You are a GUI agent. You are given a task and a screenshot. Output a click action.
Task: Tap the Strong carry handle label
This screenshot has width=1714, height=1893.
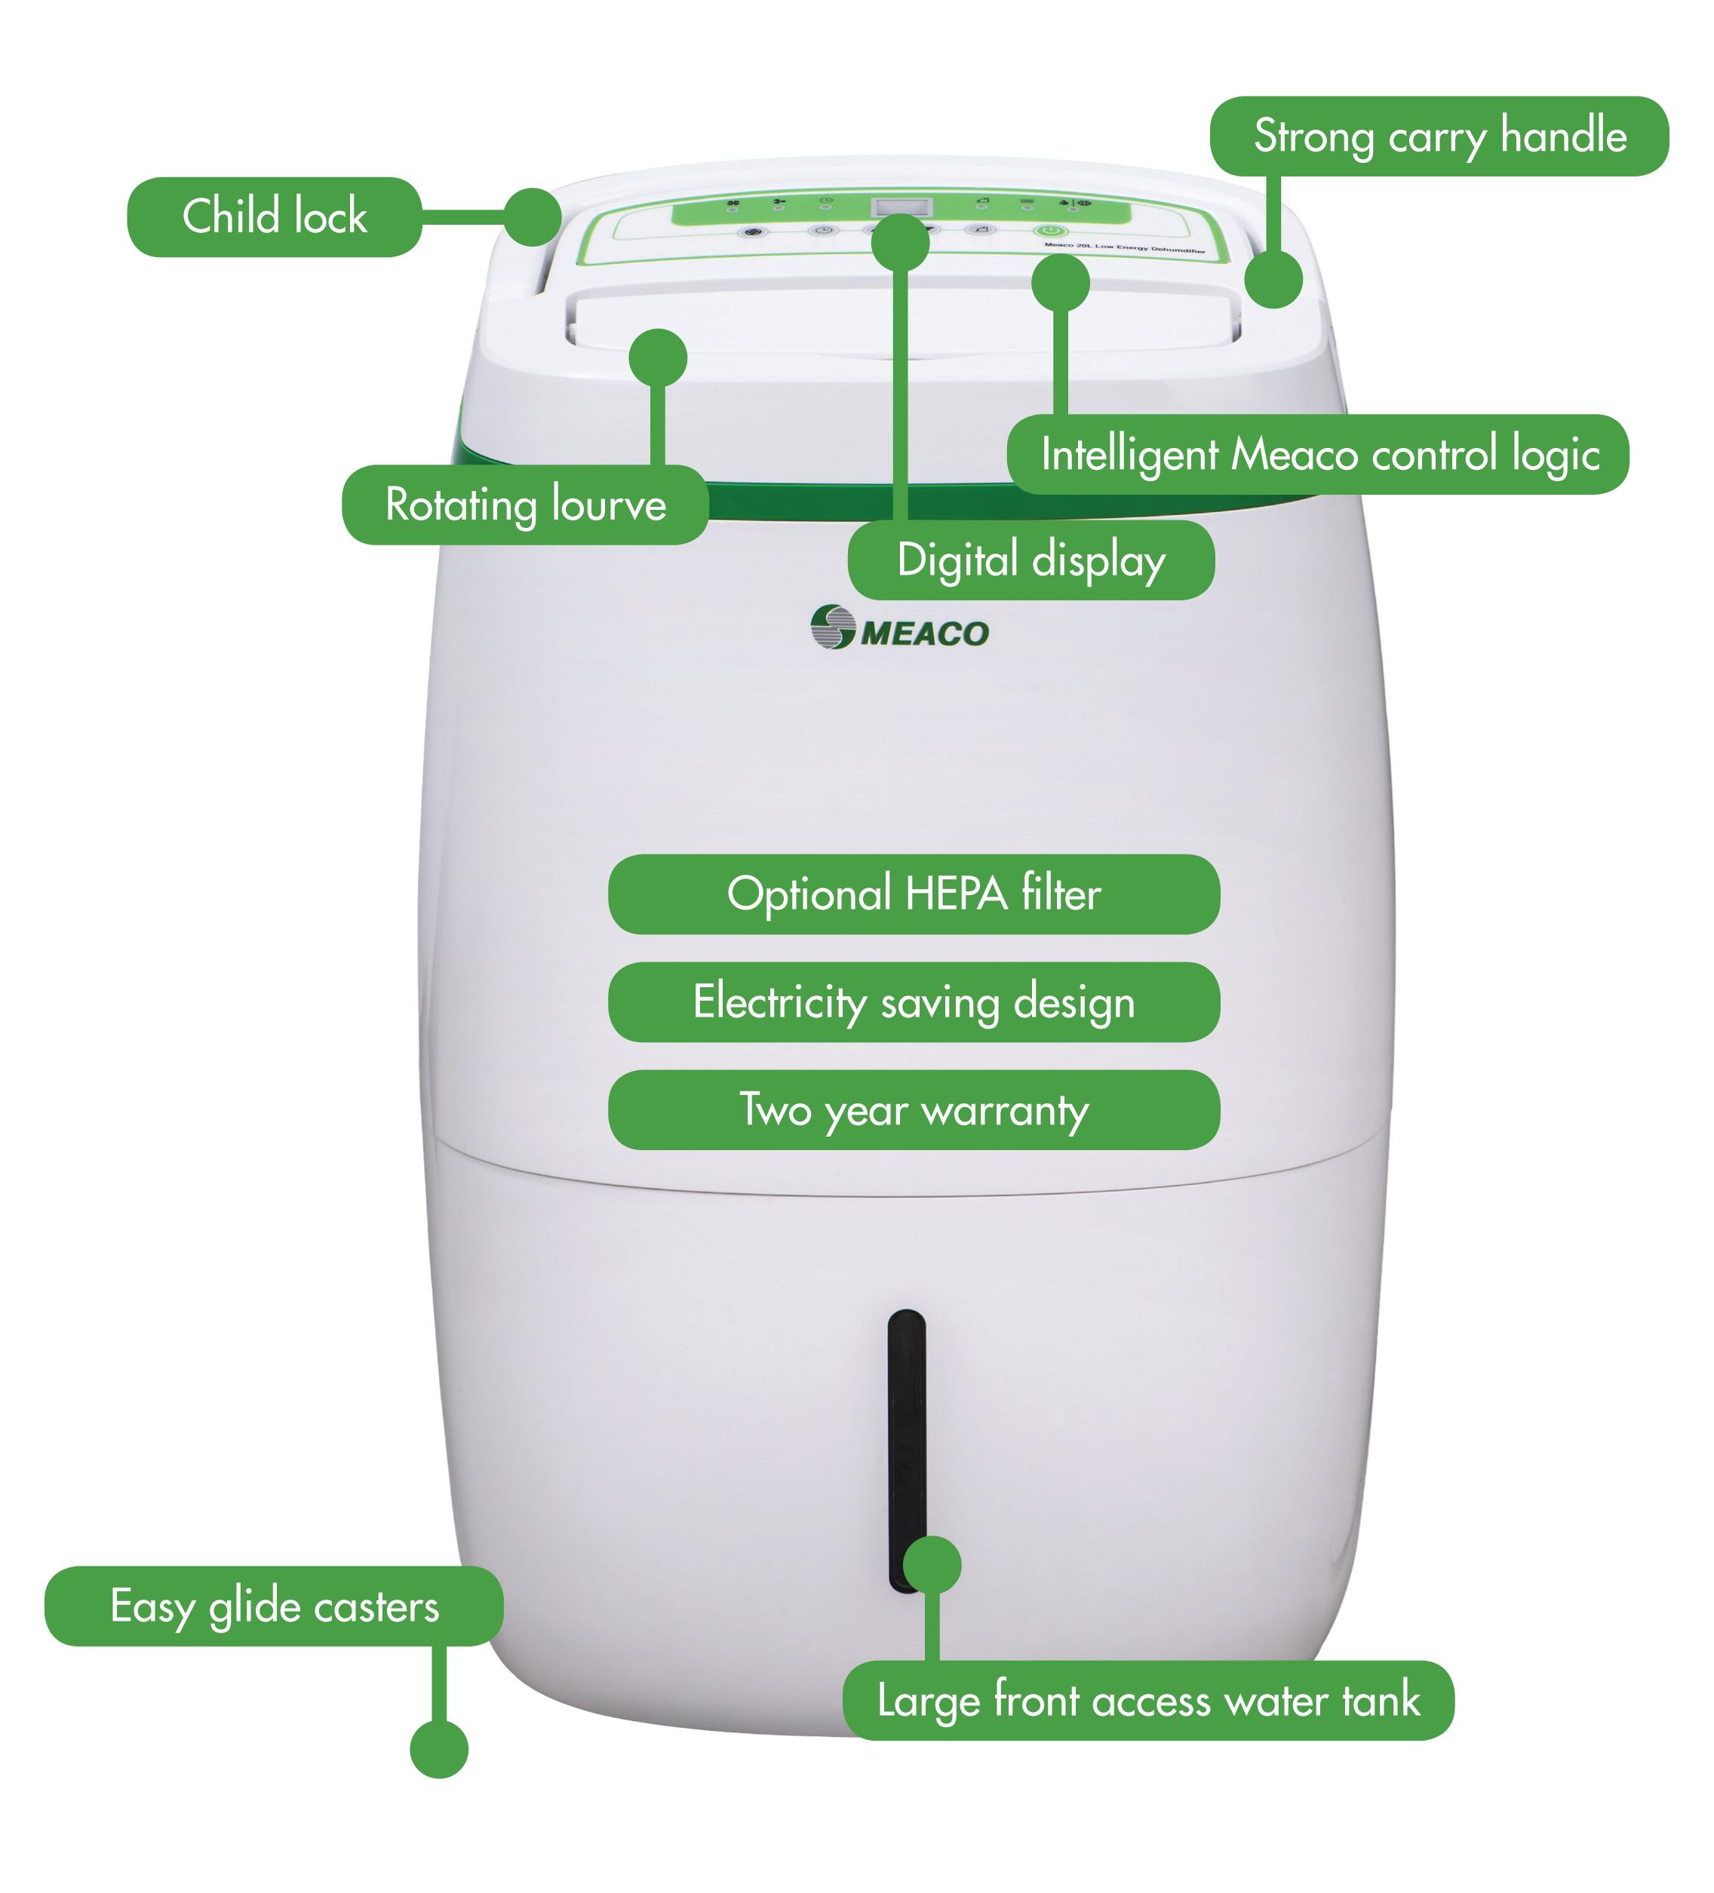(x=1438, y=137)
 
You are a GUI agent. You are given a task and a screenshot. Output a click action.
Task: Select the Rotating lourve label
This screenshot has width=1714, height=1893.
(x=524, y=505)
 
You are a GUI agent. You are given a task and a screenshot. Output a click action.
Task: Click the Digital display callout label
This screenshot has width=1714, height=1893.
(x=1031, y=560)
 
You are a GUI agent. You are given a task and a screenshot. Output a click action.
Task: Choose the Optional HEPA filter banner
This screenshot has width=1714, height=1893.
(x=913, y=894)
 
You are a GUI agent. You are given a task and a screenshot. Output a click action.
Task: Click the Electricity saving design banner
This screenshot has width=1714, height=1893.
(x=913, y=1002)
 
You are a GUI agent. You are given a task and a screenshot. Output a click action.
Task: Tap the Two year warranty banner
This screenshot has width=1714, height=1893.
(x=913, y=1110)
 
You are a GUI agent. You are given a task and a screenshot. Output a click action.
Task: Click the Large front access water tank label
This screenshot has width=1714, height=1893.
(x=1147, y=1701)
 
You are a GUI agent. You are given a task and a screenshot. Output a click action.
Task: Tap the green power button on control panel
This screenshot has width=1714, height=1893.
(x=1049, y=230)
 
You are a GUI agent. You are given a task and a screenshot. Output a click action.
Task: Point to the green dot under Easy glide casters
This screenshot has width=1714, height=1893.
(x=438, y=1750)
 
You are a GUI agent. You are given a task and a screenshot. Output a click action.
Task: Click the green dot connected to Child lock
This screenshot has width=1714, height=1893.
(x=533, y=217)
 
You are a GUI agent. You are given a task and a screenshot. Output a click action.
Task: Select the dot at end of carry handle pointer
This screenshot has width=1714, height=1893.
(x=1273, y=279)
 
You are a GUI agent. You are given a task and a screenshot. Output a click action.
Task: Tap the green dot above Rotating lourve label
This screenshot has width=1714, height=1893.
(x=657, y=357)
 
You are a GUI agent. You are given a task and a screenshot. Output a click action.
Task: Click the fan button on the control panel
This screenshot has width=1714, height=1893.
(x=752, y=231)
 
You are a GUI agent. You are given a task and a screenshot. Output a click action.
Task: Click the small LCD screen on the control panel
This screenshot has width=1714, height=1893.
(x=902, y=206)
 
